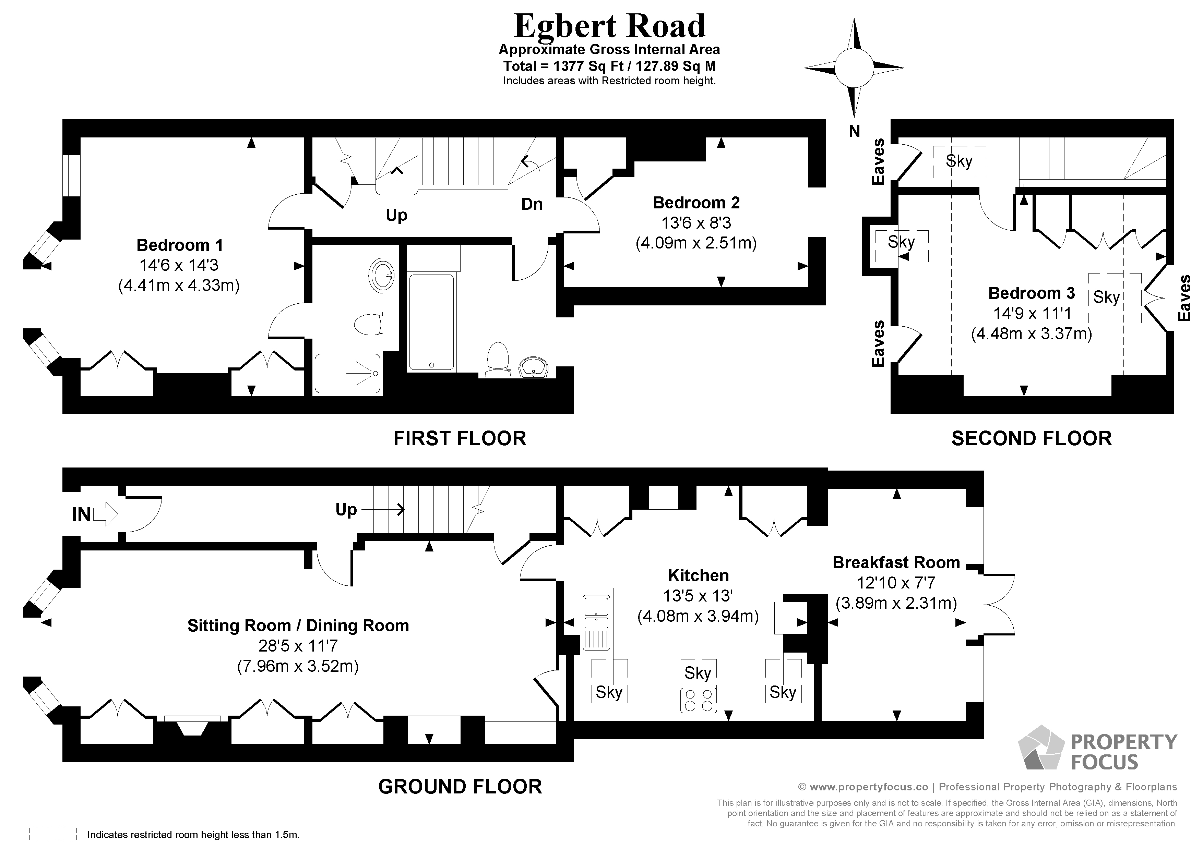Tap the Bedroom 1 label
pos(179,245)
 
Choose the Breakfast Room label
pos(896,562)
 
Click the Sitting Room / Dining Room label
pos(298,626)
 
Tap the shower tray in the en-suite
pos(347,373)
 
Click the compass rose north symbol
pos(854,68)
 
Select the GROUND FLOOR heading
pos(460,787)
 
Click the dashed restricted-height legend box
pos(53,834)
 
